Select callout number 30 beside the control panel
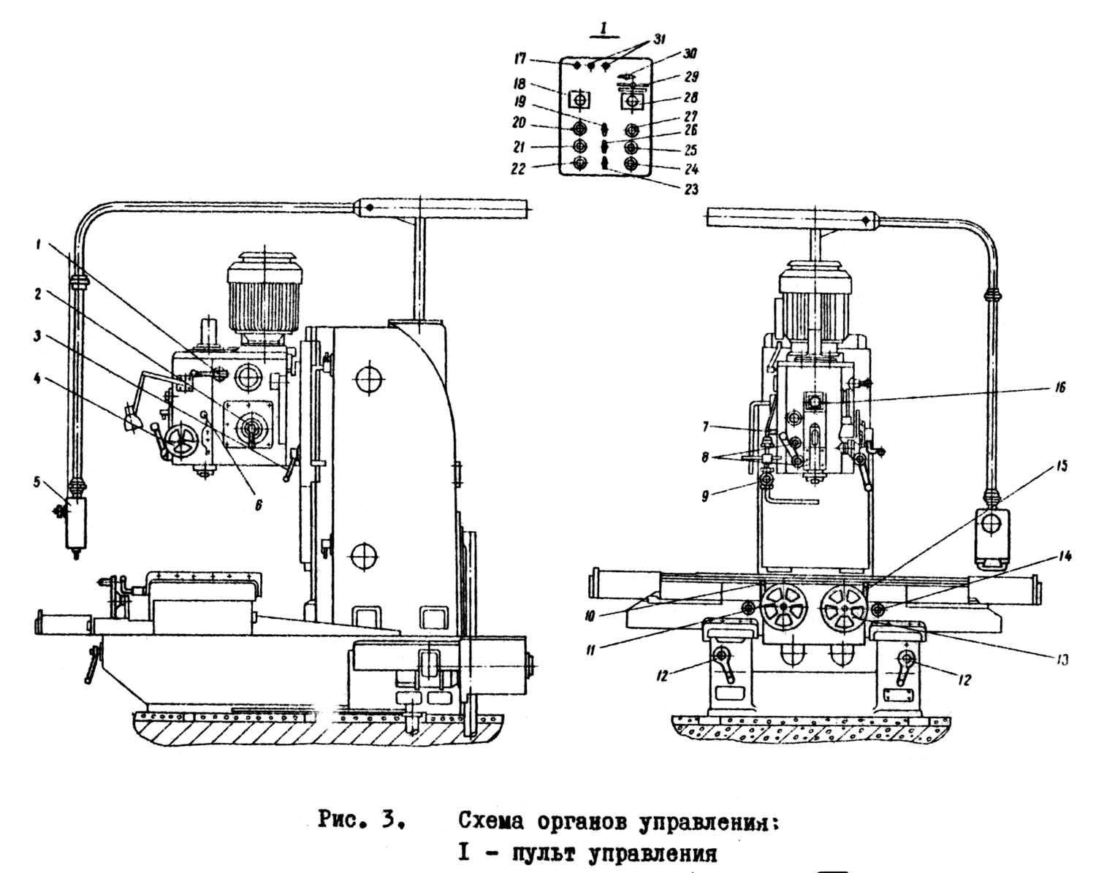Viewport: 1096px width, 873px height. [x=690, y=54]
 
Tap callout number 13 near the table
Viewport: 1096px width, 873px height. [x=1063, y=659]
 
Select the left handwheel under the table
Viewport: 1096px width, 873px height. [x=784, y=608]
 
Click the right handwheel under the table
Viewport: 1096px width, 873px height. [x=843, y=607]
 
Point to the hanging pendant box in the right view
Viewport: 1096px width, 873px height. [x=993, y=535]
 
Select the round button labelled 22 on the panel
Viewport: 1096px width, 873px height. [x=579, y=162]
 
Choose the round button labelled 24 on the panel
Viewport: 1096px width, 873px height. [x=631, y=162]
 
